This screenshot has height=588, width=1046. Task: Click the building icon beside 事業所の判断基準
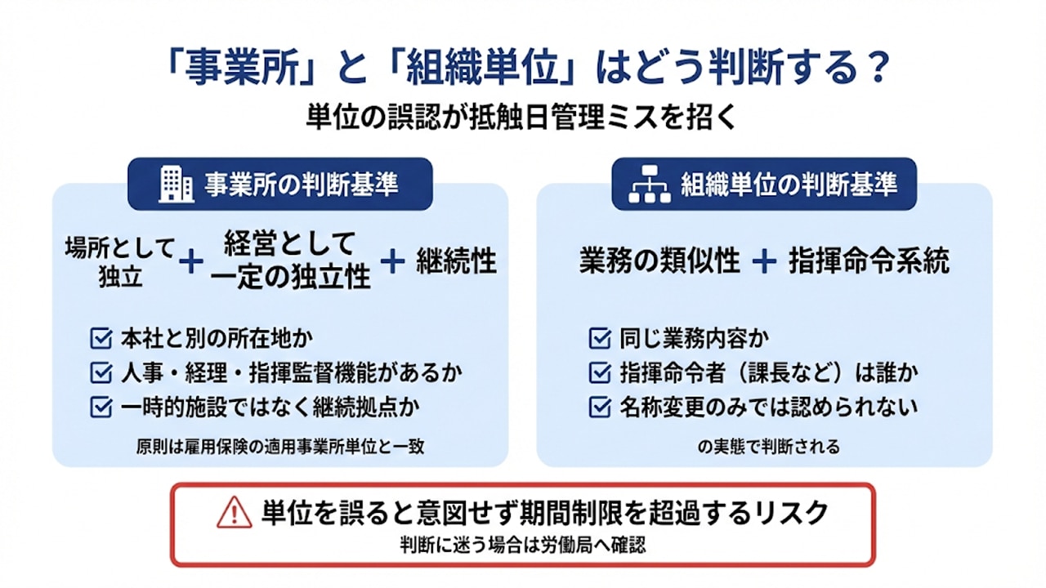click(175, 184)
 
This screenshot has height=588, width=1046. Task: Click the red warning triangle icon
click(235, 512)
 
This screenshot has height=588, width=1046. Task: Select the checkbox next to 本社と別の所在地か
click(101, 337)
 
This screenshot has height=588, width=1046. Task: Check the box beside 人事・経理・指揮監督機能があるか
click(101, 372)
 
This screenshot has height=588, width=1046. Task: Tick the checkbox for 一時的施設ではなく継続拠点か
click(101, 407)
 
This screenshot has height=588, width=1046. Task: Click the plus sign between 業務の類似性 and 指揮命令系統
click(764, 261)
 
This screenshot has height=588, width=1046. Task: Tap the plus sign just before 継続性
click(393, 261)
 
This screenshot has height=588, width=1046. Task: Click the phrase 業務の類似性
click(660, 261)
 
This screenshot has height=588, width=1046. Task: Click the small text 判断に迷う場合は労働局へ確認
click(522, 544)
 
